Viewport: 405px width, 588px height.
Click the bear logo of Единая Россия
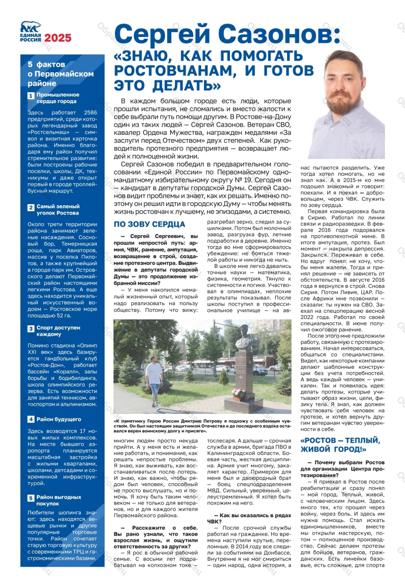click(x=30, y=27)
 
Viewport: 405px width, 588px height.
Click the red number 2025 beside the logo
click(x=58, y=38)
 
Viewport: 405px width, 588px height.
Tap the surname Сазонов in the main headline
click(x=279, y=34)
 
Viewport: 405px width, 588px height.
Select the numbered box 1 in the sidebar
click(x=31, y=96)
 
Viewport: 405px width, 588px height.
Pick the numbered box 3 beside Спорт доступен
click(x=31, y=328)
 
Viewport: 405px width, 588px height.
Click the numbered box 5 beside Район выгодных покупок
click(x=31, y=498)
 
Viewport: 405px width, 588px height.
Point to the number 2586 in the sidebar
click(x=90, y=112)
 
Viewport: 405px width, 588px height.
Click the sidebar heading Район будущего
click(x=58, y=419)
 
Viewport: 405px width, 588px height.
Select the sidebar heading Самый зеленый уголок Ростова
click(x=58, y=210)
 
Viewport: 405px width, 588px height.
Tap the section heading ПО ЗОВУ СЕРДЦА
click(x=149, y=224)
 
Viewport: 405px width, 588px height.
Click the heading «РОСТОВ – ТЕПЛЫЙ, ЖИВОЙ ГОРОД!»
click(x=340, y=445)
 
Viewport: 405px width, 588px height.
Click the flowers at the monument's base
click(x=238, y=393)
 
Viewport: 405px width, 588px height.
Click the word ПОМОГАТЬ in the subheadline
click(x=261, y=55)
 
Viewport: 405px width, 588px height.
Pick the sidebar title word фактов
click(x=51, y=64)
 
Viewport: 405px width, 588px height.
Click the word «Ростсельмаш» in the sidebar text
click(x=49, y=132)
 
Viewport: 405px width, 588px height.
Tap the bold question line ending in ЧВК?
click(x=249, y=518)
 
